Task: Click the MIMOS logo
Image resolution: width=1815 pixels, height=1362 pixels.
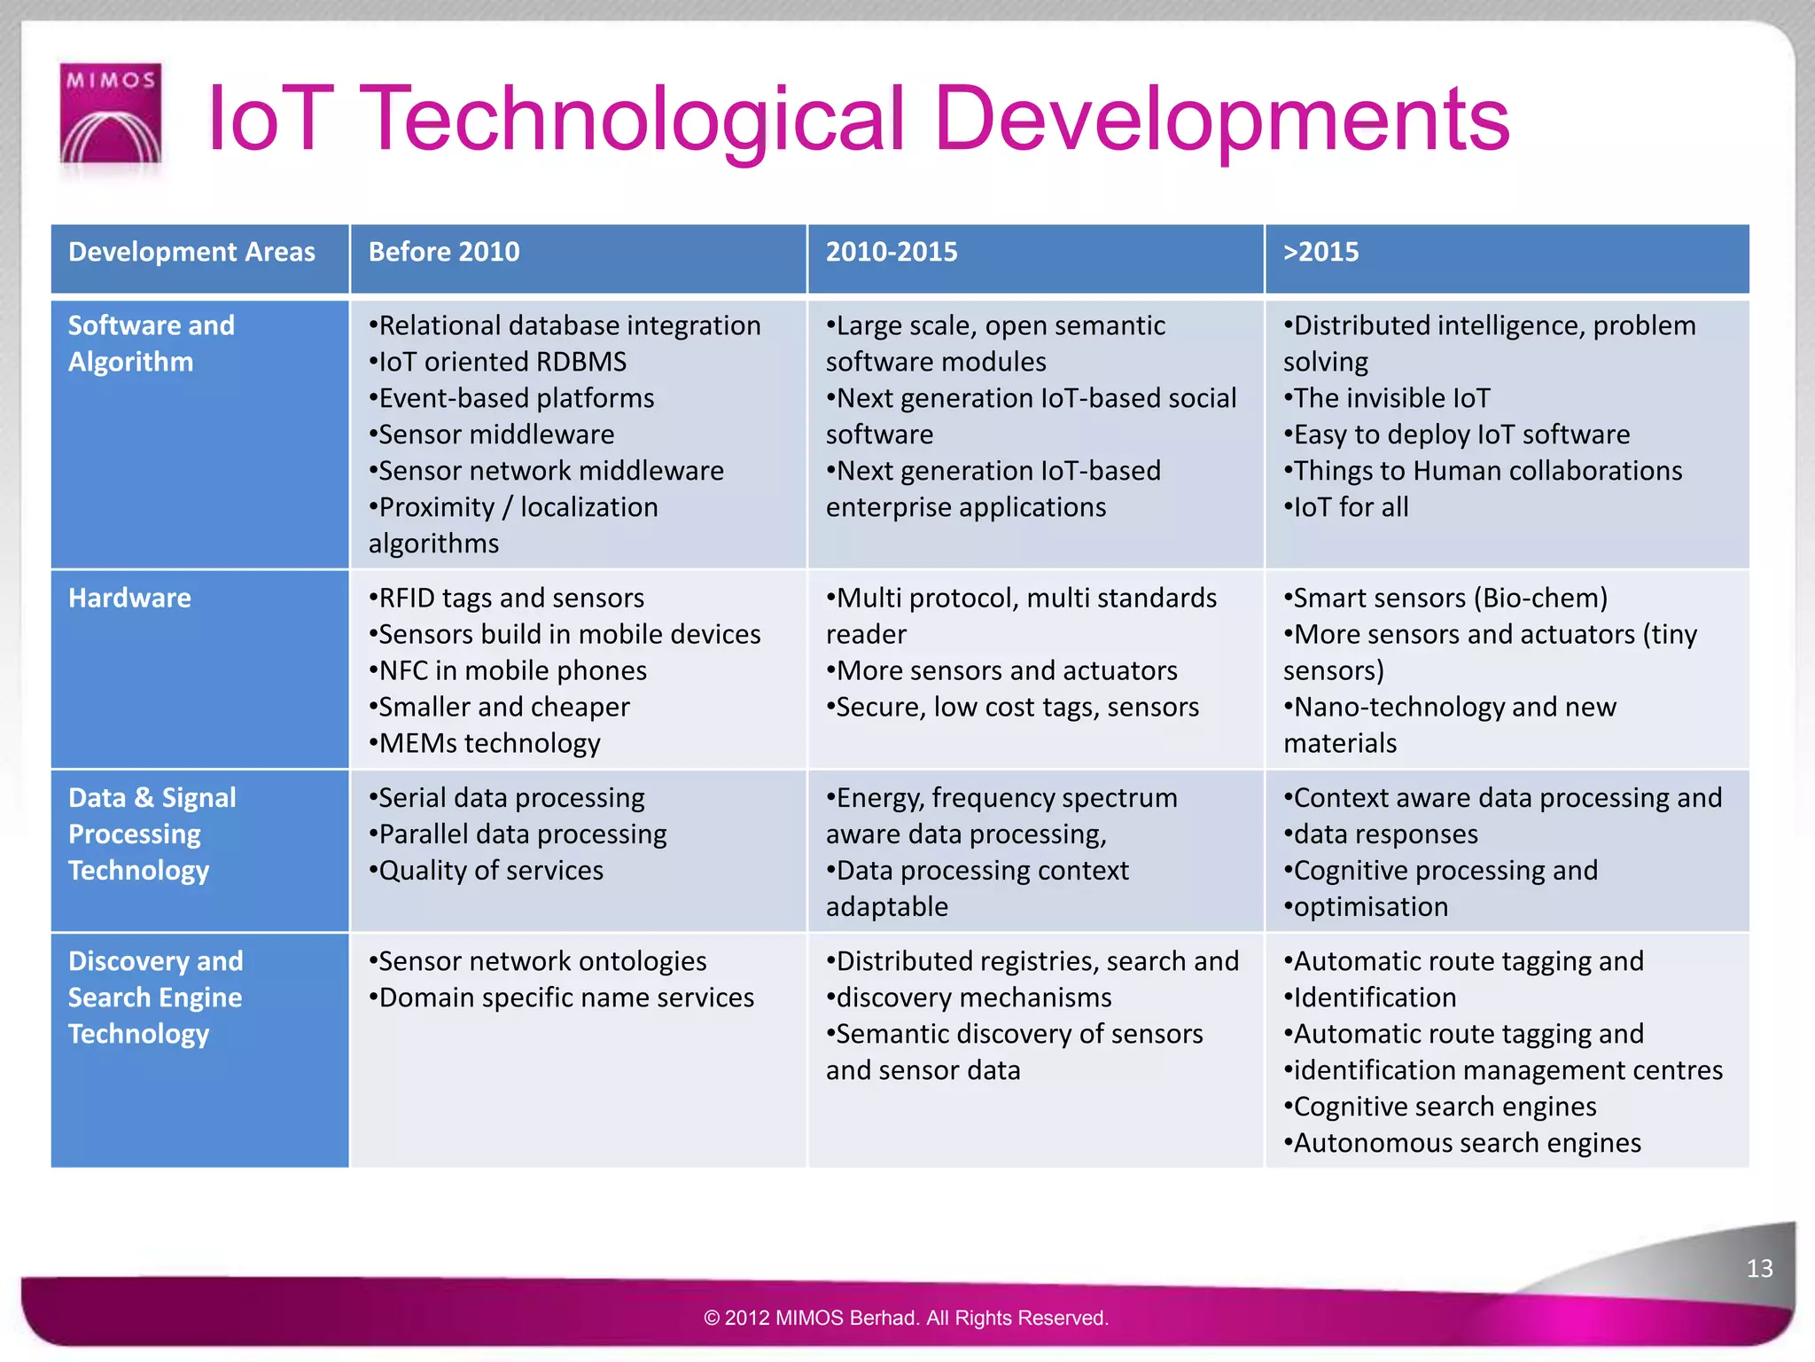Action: click(111, 113)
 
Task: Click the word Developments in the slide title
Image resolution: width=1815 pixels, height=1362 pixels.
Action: click(1222, 119)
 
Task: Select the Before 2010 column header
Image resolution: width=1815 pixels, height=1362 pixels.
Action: click(444, 253)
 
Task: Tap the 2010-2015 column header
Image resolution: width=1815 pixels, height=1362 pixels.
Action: click(892, 253)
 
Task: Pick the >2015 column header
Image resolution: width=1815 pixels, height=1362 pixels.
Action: click(1320, 253)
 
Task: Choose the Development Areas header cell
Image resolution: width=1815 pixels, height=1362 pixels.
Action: click(191, 253)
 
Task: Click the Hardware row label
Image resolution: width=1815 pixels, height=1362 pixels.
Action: click(129, 599)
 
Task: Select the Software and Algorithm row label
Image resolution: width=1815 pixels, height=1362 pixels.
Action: click(151, 344)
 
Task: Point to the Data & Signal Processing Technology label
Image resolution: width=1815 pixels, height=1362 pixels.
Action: click(152, 834)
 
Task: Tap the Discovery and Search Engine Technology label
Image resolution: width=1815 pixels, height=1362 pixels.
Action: click(155, 998)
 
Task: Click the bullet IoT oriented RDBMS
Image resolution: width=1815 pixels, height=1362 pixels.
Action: click(498, 362)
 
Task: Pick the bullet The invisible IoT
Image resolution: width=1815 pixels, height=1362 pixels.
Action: click(1388, 398)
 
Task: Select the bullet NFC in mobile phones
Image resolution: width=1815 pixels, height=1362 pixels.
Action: click(509, 671)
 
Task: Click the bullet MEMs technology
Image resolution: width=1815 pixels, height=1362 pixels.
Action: click(486, 744)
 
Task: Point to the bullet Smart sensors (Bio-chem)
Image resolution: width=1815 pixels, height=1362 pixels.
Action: click(1446, 599)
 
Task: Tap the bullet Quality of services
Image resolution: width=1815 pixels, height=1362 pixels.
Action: click(487, 871)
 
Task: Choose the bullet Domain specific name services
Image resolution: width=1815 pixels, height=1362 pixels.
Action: click(562, 998)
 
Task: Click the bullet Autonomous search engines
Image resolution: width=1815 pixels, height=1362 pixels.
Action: click(1463, 1144)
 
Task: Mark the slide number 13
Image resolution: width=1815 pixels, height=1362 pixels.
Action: click(1759, 1269)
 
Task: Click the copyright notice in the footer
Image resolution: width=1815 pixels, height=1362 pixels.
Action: click(906, 1319)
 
